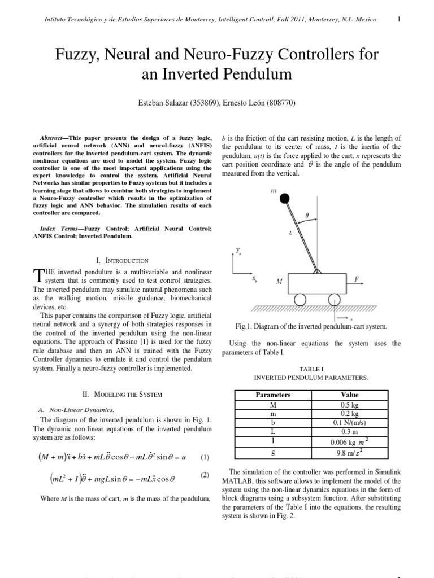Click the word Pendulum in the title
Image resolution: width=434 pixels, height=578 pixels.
(x=258, y=74)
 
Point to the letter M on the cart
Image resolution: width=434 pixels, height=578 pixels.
(x=279, y=281)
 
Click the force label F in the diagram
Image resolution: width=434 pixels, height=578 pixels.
(x=357, y=279)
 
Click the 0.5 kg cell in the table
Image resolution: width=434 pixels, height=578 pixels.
(x=350, y=405)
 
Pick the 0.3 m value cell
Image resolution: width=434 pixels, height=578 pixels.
(x=350, y=432)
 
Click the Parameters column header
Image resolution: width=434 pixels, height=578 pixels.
(x=273, y=395)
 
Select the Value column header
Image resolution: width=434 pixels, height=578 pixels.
(x=350, y=395)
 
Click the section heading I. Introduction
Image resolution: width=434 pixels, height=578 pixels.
(x=123, y=261)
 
